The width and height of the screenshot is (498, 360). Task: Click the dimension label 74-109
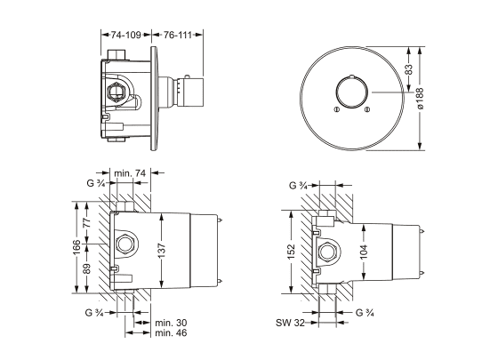pyautogui.click(x=125, y=35)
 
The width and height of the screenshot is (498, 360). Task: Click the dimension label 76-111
pyautogui.click(x=178, y=35)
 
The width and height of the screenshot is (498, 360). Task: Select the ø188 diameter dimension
pyautogui.click(x=420, y=99)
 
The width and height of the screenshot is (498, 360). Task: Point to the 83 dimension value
pyautogui.click(x=409, y=69)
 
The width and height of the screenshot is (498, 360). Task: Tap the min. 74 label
pyautogui.click(x=130, y=173)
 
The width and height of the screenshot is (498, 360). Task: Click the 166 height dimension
pyautogui.click(x=76, y=247)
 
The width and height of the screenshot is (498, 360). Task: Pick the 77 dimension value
pyautogui.click(x=87, y=222)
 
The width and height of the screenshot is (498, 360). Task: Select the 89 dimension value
pyautogui.click(x=87, y=268)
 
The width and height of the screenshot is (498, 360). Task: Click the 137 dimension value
pyautogui.click(x=162, y=251)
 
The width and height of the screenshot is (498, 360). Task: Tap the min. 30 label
pyautogui.click(x=171, y=323)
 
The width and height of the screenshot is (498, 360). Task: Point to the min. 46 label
pyautogui.click(x=171, y=333)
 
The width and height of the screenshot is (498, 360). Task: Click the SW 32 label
pyautogui.click(x=290, y=323)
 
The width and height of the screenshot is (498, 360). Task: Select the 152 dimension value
pyautogui.click(x=291, y=252)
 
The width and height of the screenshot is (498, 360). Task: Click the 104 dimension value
pyautogui.click(x=364, y=252)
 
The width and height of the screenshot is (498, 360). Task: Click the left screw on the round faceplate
pyautogui.click(x=336, y=109)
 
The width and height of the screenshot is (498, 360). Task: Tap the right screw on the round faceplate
pyautogui.click(x=367, y=109)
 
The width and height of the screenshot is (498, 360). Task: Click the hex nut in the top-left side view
pyautogui.click(x=117, y=93)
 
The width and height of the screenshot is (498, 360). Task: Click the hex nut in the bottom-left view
pyautogui.click(x=126, y=244)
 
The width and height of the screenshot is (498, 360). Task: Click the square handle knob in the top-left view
pyautogui.click(x=191, y=92)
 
